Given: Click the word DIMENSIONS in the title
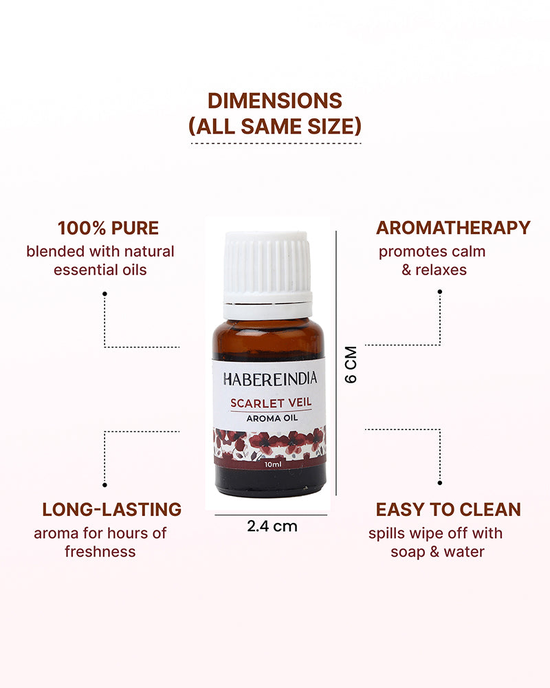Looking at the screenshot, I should click(275, 100).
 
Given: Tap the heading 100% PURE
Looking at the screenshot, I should click(108, 228).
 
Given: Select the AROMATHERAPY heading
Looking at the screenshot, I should click(453, 228).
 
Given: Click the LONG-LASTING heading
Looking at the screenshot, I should click(112, 509).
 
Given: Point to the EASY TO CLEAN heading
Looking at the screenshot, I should click(448, 509).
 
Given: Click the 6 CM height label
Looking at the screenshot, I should click(351, 364).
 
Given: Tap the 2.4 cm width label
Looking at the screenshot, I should click(272, 526).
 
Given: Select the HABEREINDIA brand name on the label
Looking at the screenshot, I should click(269, 378).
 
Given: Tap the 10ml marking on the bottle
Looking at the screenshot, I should click(269, 465).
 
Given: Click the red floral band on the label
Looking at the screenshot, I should click(269, 443).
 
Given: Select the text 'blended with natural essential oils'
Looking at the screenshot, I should click(100, 260).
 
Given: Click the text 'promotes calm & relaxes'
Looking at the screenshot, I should click(432, 260).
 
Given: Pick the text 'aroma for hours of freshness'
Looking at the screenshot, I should click(100, 542).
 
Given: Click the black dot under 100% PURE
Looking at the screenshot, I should click(104, 294).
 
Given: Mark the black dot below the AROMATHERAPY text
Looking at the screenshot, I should click(439, 292).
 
